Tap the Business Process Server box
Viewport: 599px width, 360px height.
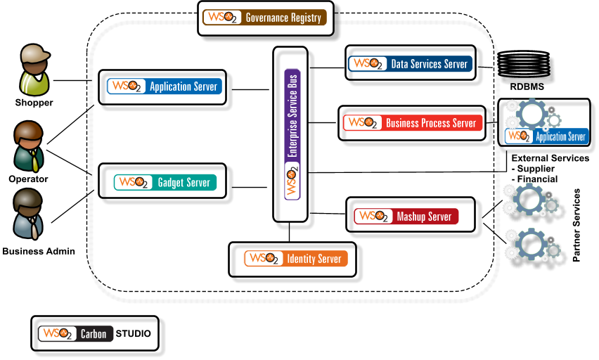412,123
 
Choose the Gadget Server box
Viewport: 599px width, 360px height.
162,183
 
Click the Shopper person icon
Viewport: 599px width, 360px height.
34,70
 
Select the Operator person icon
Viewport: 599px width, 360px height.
28,146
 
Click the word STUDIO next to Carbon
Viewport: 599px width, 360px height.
133,334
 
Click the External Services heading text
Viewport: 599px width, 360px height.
550,159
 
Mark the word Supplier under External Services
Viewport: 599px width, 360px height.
537,169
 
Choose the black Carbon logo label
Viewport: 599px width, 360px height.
93,334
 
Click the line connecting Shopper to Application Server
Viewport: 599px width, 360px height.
75,80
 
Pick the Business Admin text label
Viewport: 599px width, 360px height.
38,251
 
